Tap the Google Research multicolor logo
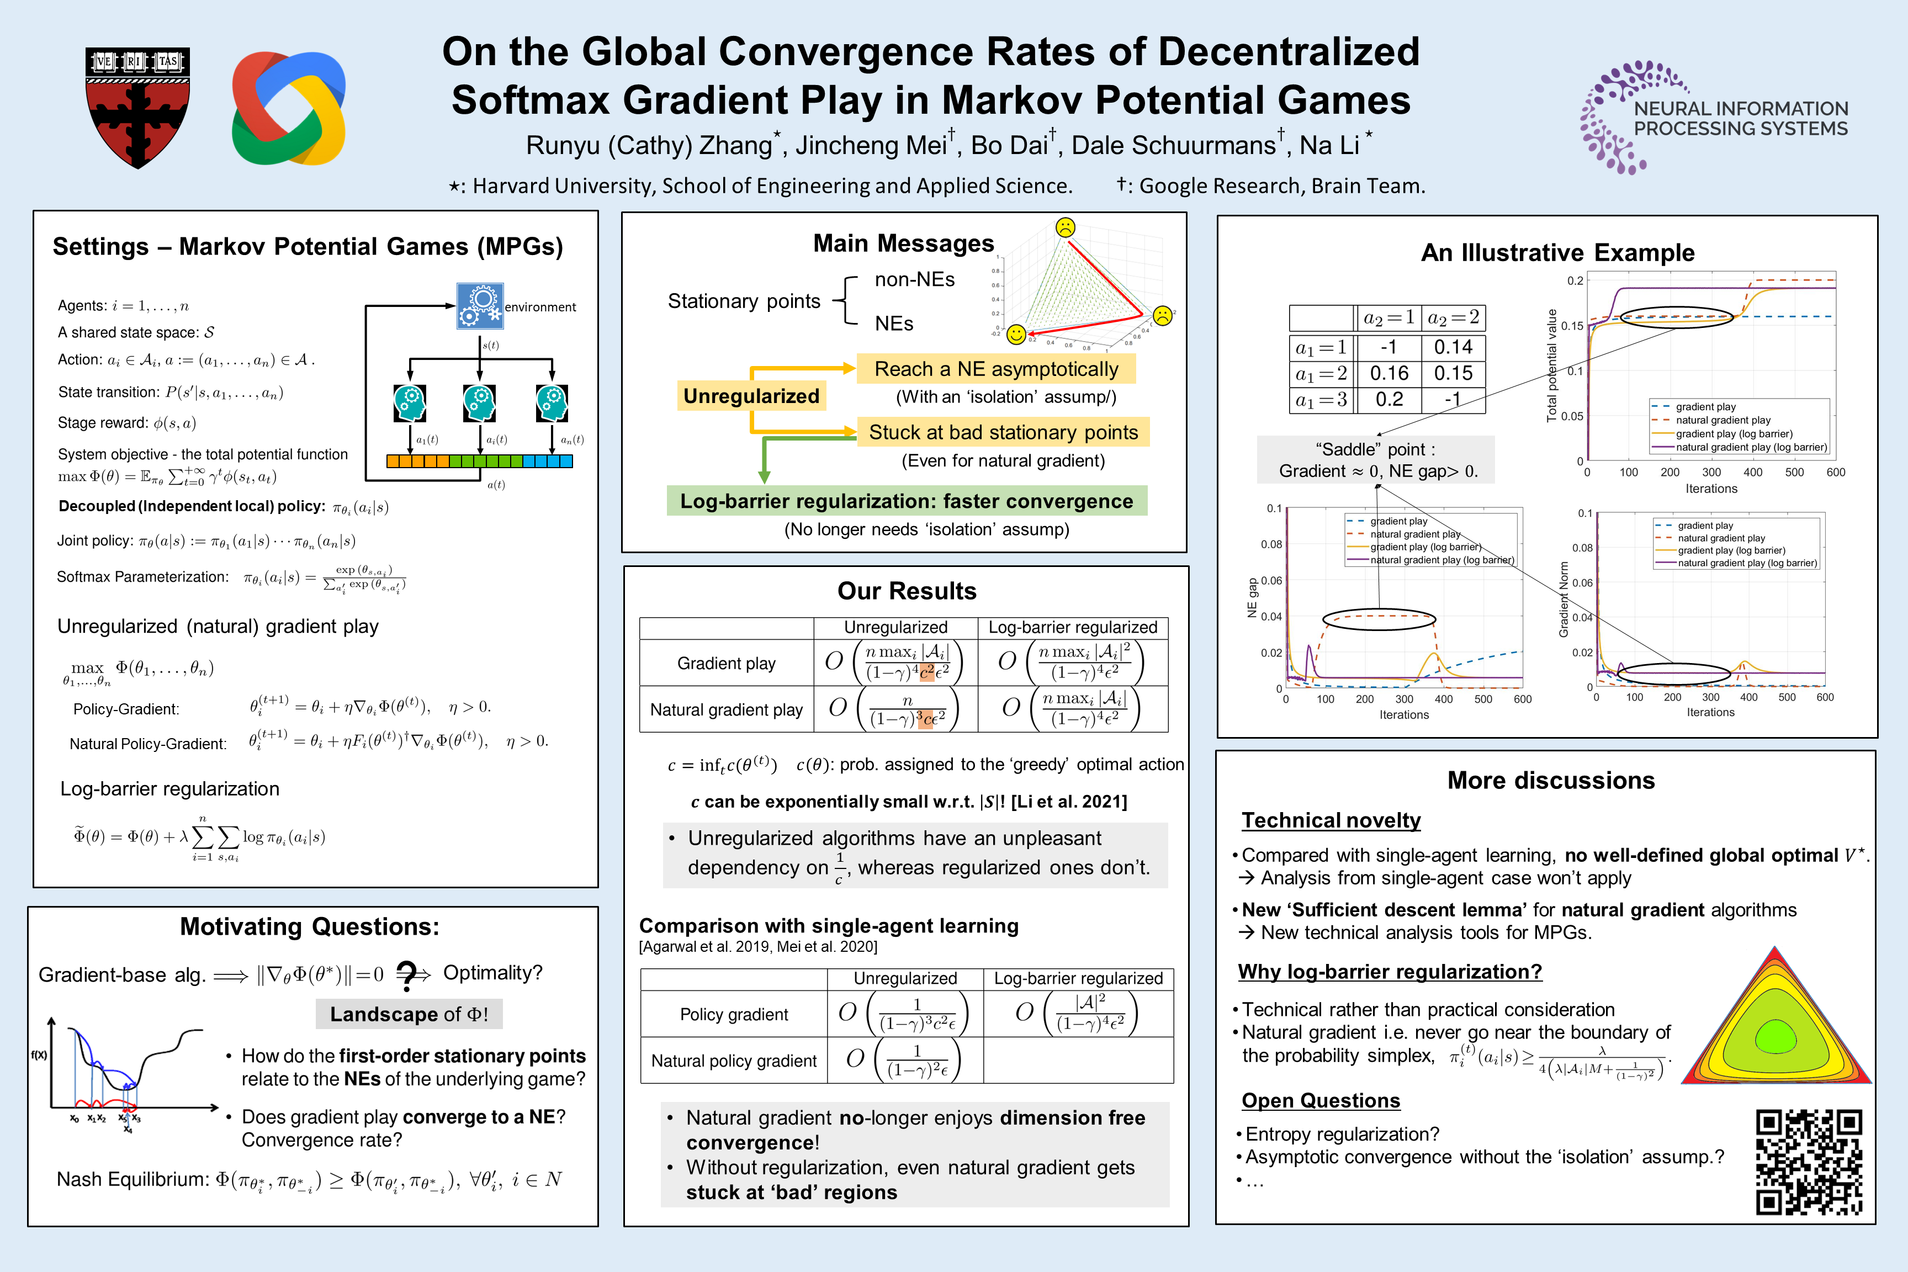(x=289, y=108)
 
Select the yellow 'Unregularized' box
(x=751, y=396)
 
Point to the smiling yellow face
(x=1016, y=334)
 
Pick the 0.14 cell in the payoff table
(x=1453, y=347)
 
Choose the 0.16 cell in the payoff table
(x=1389, y=373)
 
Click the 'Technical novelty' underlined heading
(x=1331, y=820)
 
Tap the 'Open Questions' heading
(x=1321, y=1101)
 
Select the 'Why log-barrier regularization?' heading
(x=1390, y=972)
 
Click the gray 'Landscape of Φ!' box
(x=409, y=1014)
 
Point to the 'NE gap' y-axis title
(x=1252, y=598)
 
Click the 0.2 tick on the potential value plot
(x=1575, y=280)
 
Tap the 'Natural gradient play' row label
(x=726, y=710)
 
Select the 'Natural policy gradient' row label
(x=733, y=1061)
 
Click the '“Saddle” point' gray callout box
(x=1376, y=460)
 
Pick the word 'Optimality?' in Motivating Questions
(x=492, y=973)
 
